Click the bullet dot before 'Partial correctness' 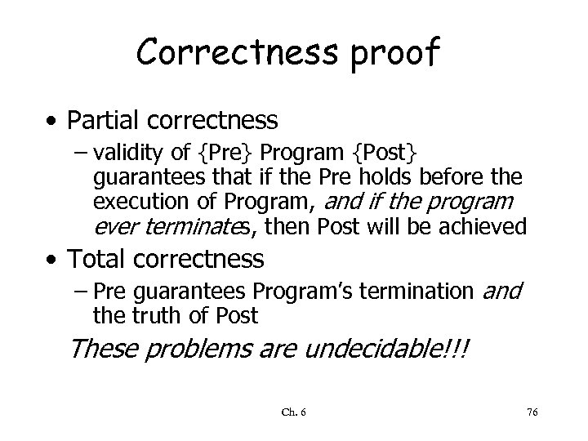(x=51, y=122)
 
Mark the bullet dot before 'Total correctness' (x=51, y=261)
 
